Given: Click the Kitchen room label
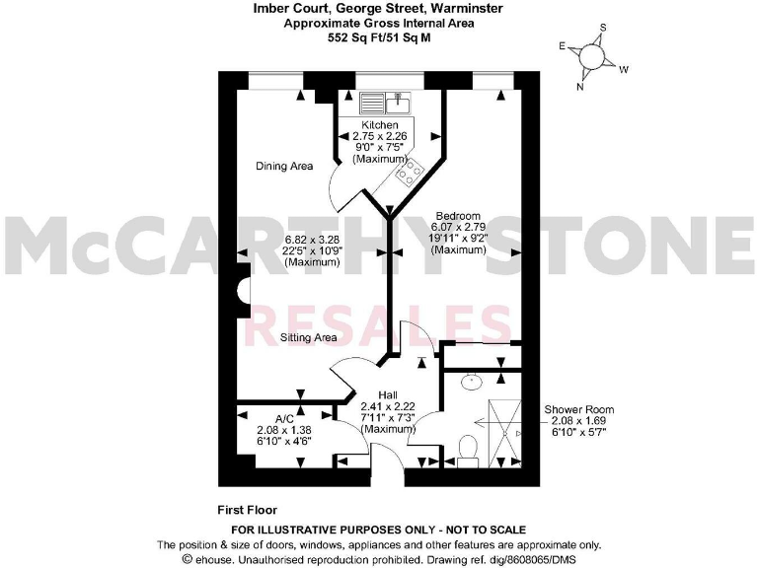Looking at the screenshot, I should pyautogui.click(x=380, y=125).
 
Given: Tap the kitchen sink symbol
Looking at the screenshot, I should pyautogui.click(x=384, y=103).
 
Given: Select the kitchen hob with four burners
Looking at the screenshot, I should pyautogui.click(x=409, y=174).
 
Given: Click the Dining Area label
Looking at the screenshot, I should pyautogui.click(x=284, y=166).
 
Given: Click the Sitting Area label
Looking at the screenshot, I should pyautogui.click(x=308, y=337).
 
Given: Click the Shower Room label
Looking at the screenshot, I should pyautogui.click(x=579, y=409).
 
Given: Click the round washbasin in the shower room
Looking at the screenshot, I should pyautogui.click(x=471, y=379).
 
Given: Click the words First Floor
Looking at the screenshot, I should pyautogui.click(x=247, y=510).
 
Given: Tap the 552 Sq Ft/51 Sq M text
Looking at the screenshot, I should pyautogui.click(x=379, y=39).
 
